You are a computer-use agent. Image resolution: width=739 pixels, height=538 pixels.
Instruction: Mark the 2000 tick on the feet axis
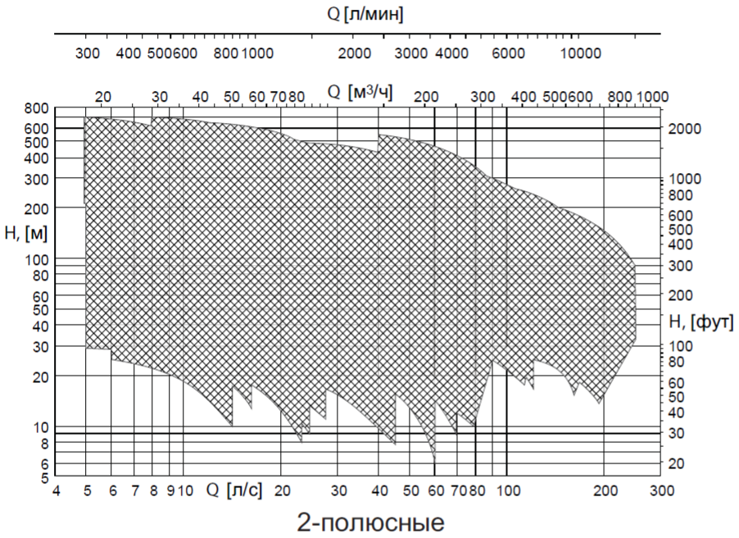685,129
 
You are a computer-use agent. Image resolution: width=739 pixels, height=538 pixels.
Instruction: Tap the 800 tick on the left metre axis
38,108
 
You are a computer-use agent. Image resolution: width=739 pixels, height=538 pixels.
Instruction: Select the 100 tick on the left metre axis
38,259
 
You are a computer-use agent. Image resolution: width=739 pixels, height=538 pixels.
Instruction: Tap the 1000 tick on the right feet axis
685,179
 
